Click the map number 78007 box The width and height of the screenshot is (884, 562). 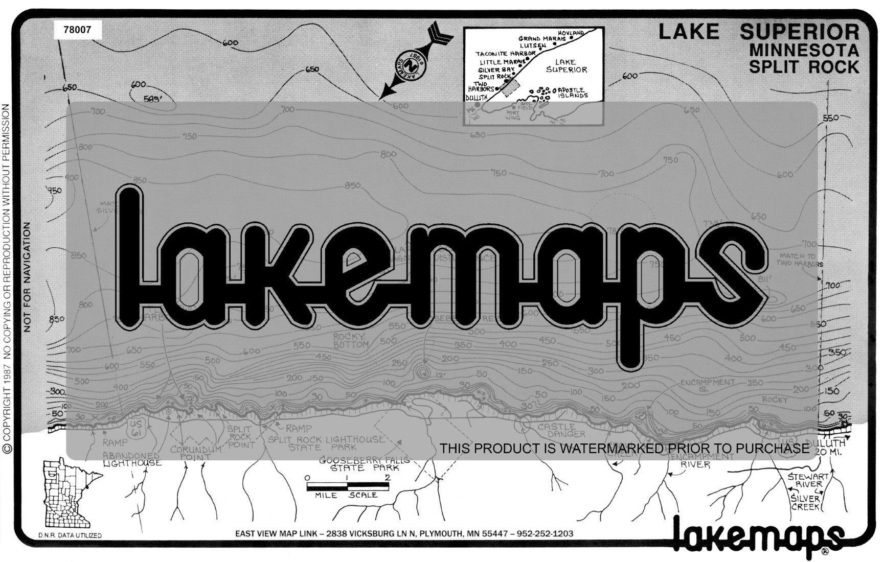[x=77, y=30]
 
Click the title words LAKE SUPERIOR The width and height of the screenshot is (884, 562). [x=759, y=32]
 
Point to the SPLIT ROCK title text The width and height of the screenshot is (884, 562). [x=804, y=67]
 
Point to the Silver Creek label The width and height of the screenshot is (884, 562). [x=805, y=503]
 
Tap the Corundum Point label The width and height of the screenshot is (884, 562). [x=196, y=453]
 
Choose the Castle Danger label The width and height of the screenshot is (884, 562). [x=560, y=430]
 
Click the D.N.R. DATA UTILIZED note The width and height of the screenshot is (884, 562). [x=70, y=535]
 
